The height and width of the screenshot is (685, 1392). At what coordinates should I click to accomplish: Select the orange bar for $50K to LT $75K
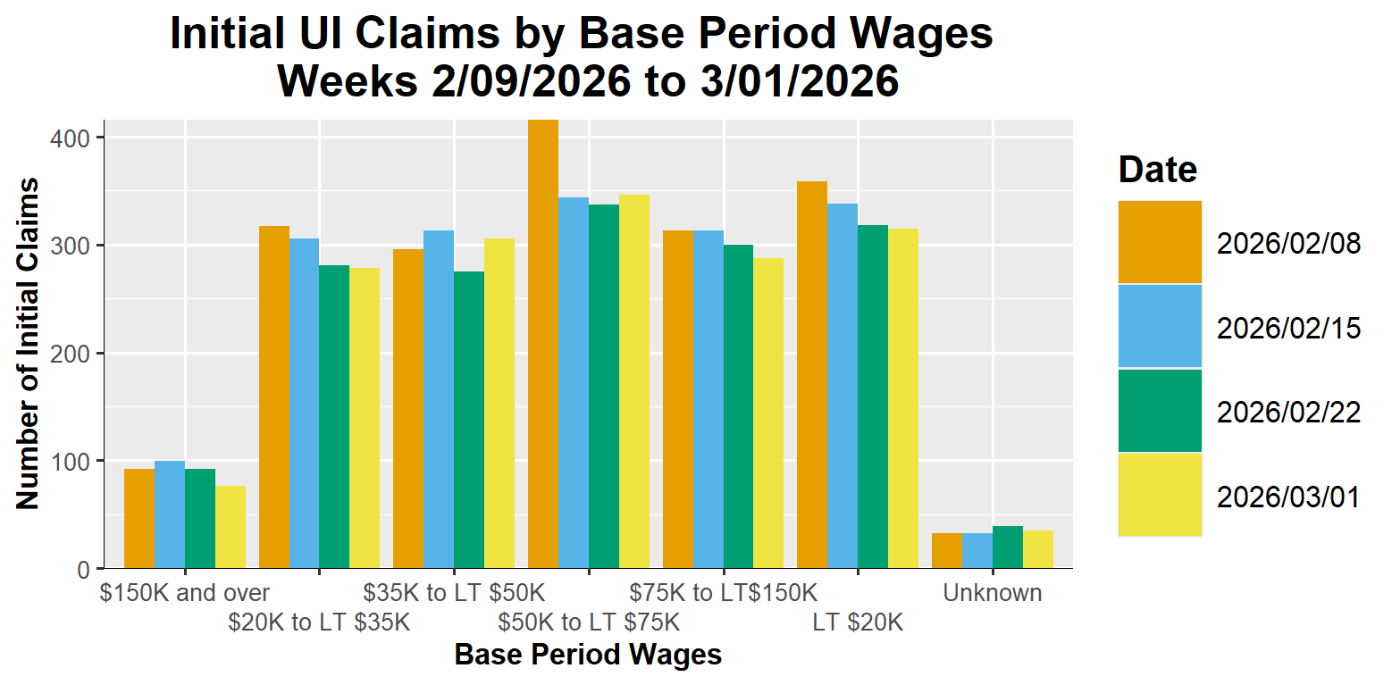(x=543, y=344)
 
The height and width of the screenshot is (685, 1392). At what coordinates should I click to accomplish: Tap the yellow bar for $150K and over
(x=231, y=527)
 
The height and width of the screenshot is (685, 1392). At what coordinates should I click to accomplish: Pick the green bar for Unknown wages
(x=1007, y=547)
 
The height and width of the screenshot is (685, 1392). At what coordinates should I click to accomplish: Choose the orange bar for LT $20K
(x=812, y=375)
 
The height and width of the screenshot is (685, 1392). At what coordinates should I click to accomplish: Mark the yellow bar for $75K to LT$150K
(x=768, y=414)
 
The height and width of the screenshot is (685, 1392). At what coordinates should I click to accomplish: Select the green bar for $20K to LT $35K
(x=334, y=416)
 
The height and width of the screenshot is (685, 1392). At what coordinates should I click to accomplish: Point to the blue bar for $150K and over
(x=170, y=514)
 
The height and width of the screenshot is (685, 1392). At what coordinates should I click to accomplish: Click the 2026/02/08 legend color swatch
(x=1160, y=242)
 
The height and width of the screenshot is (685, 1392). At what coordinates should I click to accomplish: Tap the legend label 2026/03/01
(x=1288, y=497)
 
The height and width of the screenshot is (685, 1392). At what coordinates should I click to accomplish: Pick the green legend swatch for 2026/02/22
(x=1160, y=411)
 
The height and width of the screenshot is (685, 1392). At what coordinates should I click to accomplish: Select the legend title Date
(x=1158, y=169)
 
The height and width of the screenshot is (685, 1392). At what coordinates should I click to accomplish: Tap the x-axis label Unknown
(x=993, y=593)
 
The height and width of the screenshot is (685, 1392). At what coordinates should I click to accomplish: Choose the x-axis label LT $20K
(x=858, y=622)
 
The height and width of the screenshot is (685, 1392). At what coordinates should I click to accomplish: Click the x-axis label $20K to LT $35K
(x=319, y=622)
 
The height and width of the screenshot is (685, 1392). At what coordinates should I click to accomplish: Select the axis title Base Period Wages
(x=588, y=655)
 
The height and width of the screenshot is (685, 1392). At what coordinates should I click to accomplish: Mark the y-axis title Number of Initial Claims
(x=29, y=344)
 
